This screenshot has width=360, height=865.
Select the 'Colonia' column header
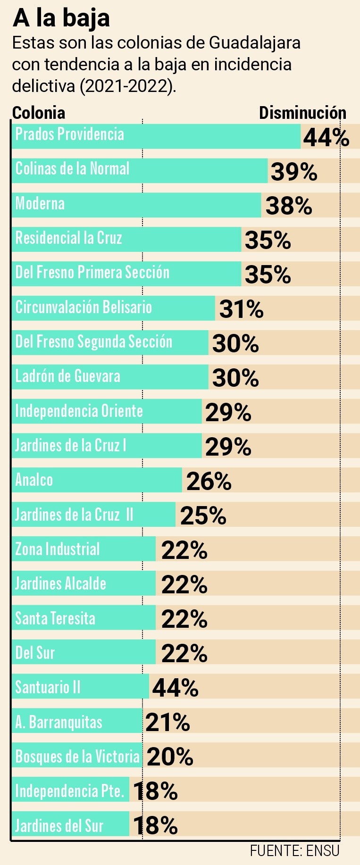pos(39,113)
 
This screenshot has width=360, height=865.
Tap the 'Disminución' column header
pos(302,113)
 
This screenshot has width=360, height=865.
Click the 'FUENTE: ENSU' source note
pos(294,851)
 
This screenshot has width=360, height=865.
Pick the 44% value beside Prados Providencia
pos(326,137)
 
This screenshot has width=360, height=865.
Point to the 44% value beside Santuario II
pos(175,688)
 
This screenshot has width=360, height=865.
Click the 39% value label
pos(293,172)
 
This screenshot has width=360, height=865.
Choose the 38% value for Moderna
pos(288,206)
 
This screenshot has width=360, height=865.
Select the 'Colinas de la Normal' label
pos(72,169)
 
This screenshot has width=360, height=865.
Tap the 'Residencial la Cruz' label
pos(69,238)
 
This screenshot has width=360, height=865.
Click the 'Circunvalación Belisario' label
pos(84,307)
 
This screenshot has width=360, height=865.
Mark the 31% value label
pos(241,309)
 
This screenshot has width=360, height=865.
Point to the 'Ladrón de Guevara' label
pos(68,376)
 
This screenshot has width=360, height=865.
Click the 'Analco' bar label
pos(34,480)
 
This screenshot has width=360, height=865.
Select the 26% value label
pos(209,482)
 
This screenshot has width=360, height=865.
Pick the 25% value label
pos(203,516)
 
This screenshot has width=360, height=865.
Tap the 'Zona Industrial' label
pos(58,549)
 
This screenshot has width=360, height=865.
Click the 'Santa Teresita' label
pos(55,618)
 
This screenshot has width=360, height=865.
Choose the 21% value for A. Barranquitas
pos(167,722)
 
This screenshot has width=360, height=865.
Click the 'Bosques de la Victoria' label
pos(77,757)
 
